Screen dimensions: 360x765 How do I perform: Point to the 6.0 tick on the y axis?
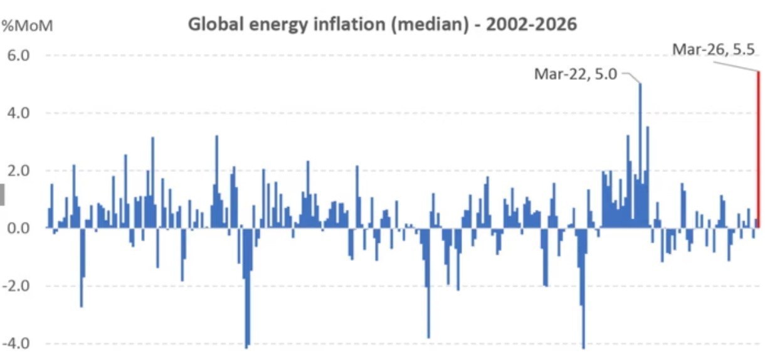point(19,55)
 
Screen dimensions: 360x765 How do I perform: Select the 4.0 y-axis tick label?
point(19,114)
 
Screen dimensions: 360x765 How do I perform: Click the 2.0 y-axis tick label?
point(19,171)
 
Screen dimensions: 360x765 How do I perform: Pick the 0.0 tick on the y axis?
point(19,228)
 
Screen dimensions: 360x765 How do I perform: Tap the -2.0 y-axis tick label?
point(17,286)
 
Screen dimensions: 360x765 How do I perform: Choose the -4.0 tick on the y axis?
point(17,344)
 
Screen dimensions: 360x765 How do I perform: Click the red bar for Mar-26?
point(758,151)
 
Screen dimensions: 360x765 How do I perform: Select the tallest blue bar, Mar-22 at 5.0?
point(640,157)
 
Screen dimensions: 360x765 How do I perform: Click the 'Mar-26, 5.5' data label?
point(712,50)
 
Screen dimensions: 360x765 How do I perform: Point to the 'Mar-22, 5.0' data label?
point(576,75)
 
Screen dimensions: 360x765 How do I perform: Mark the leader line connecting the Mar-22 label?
point(631,77)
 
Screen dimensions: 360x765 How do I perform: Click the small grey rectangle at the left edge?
point(3,194)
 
